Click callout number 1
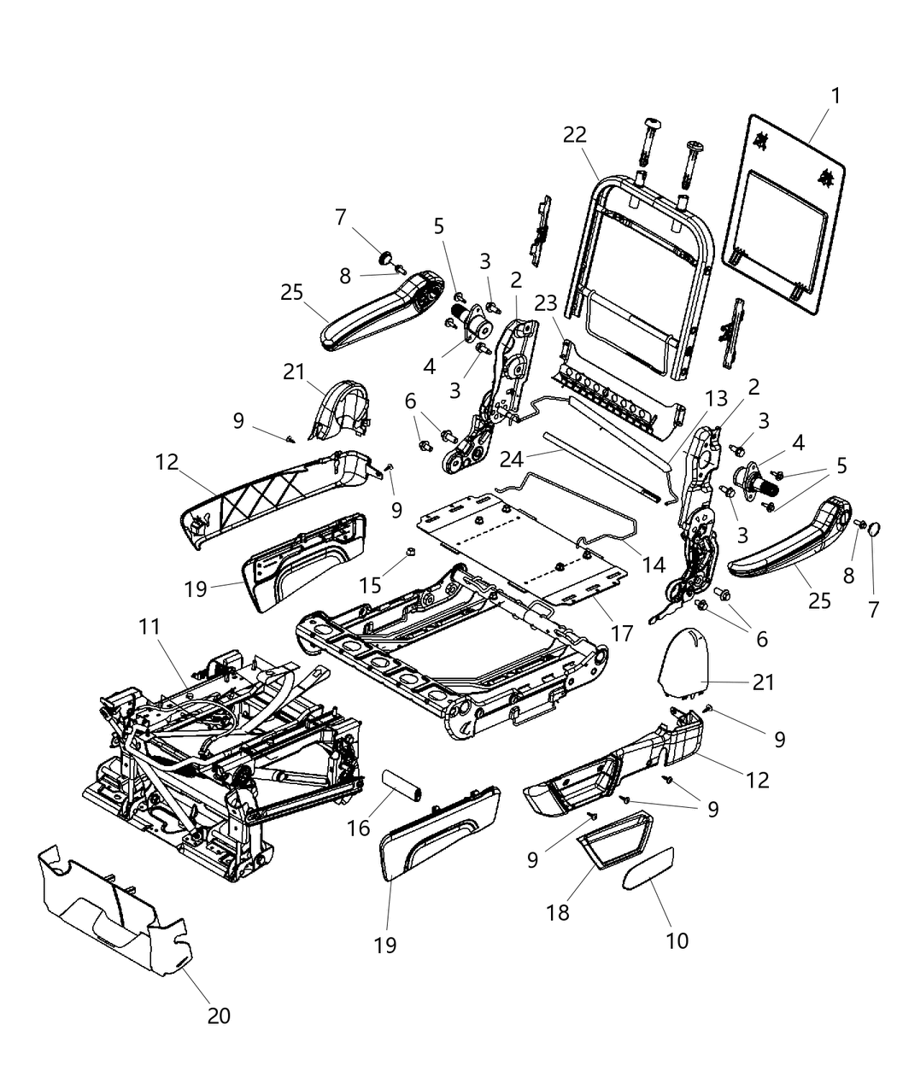coord(835,97)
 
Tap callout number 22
coord(575,135)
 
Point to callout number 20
coord(218,1015)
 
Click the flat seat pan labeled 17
coord(513,547)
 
